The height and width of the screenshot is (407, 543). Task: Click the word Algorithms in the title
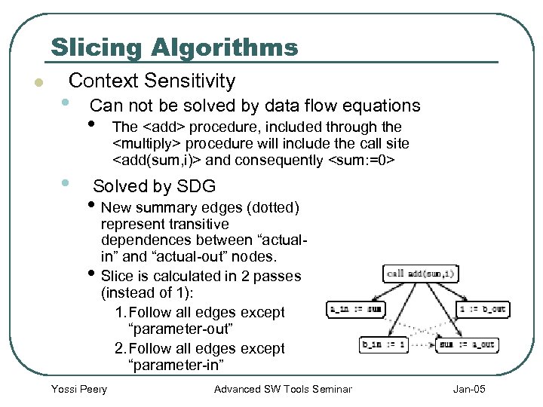(x=224, y=47)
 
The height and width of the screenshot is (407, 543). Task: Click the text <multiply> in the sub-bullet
(x=146, y=143)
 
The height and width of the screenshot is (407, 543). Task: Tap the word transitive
(x=201, y=224)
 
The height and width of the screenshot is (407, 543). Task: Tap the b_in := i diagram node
(x=385, y=345)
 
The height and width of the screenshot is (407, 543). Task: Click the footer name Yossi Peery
(x=78, y=389)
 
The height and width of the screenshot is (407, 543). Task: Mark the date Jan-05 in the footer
(x=470, y=389)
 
